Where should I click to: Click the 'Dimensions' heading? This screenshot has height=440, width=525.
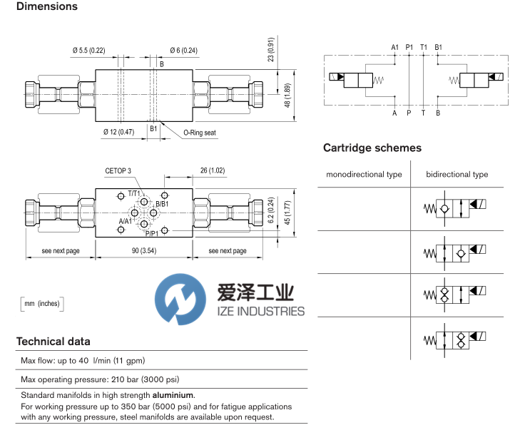[x=46, y=6]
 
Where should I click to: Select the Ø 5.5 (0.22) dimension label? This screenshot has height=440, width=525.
[x=88, y=50]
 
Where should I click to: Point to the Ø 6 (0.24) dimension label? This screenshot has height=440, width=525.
[x=184, y=50]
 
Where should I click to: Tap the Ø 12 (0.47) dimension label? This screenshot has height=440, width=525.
[x=118, y=131]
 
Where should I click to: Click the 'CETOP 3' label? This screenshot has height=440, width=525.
[x=118, y=171]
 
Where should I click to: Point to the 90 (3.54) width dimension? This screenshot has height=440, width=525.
[x=146, y=251]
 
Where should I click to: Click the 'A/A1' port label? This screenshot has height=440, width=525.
[x=125, y=222]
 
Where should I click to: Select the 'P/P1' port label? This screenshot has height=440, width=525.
[x=152, y=233]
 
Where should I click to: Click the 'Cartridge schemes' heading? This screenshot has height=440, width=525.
[x=372, y=148]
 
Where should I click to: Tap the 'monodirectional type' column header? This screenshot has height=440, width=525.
[x=364, y=175]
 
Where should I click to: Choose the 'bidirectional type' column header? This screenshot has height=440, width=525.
[x=457, y=175]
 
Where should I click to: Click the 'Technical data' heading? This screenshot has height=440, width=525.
[x=53, y=342]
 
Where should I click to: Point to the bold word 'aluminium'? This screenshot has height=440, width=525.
[x=175, y=395]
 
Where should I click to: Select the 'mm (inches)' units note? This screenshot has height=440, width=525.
[x=43, y=304]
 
